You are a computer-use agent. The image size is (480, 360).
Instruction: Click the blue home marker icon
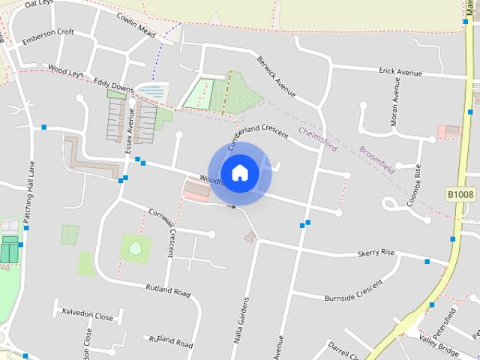point(239,172)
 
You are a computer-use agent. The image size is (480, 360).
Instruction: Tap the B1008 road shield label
point(460,195)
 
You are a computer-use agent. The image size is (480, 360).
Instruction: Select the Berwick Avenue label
point(277,78)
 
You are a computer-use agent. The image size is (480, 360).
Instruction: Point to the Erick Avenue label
point(401,71)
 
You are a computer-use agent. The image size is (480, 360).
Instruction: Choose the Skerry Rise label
point(376,253)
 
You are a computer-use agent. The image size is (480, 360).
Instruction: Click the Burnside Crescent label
point(353,292)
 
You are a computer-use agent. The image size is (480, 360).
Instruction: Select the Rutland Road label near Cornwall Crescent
point(168,289)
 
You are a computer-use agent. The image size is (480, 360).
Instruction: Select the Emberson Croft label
point(48,33)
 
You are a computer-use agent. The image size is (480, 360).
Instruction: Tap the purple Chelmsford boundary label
point(318,138)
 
